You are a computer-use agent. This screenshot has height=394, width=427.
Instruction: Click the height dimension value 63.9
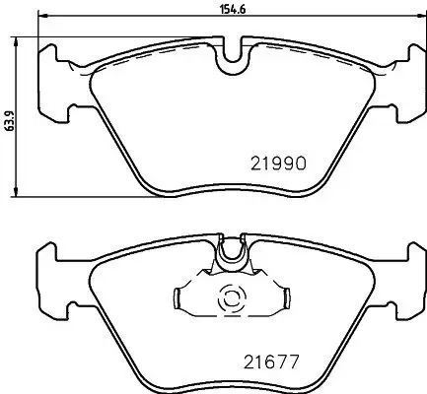click(x=9, y=117)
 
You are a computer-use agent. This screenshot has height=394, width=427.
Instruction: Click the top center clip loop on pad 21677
click(x=233, y=253)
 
